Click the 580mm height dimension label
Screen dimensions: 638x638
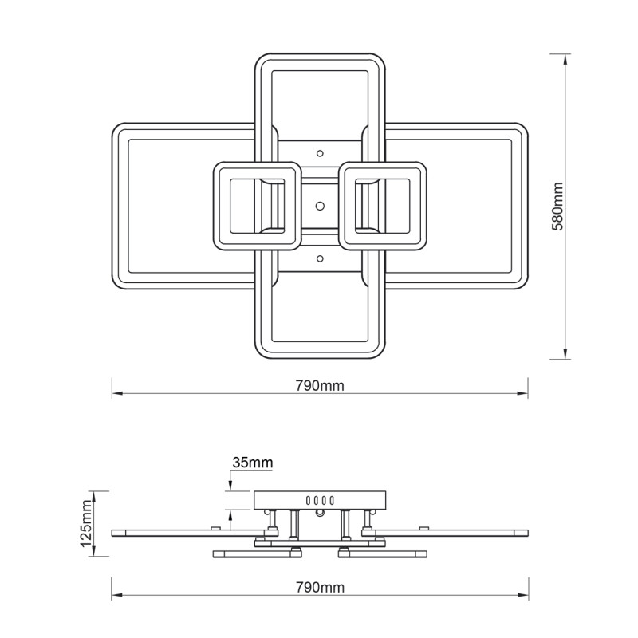click(x=557, y=207)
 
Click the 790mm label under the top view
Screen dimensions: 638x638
click(x=320, y=385)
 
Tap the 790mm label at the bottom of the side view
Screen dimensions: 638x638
click(x=320, y=587)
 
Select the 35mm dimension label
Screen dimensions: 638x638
click(x=253, y=463)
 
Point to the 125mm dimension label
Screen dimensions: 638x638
click(x=86, y=523)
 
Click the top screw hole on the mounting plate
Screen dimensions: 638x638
click(x=321, y=153)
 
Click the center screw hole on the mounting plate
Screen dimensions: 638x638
click(x=321, y=206)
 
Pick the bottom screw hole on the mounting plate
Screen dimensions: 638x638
click(x=321, y=258)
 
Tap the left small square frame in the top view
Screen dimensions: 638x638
click(x=216, y=206)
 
